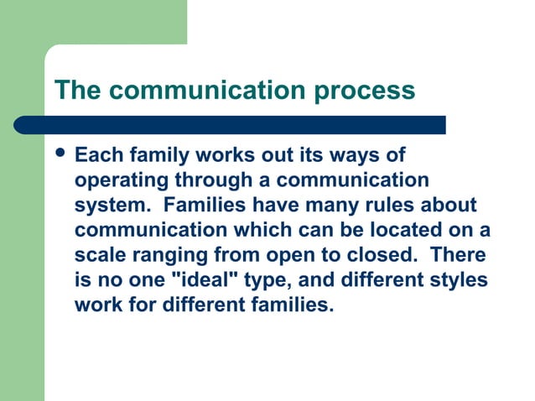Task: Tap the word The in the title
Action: pyautogui.click(x=77, y=90)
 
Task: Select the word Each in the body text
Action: pyautogui.click(x=98, y=156)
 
